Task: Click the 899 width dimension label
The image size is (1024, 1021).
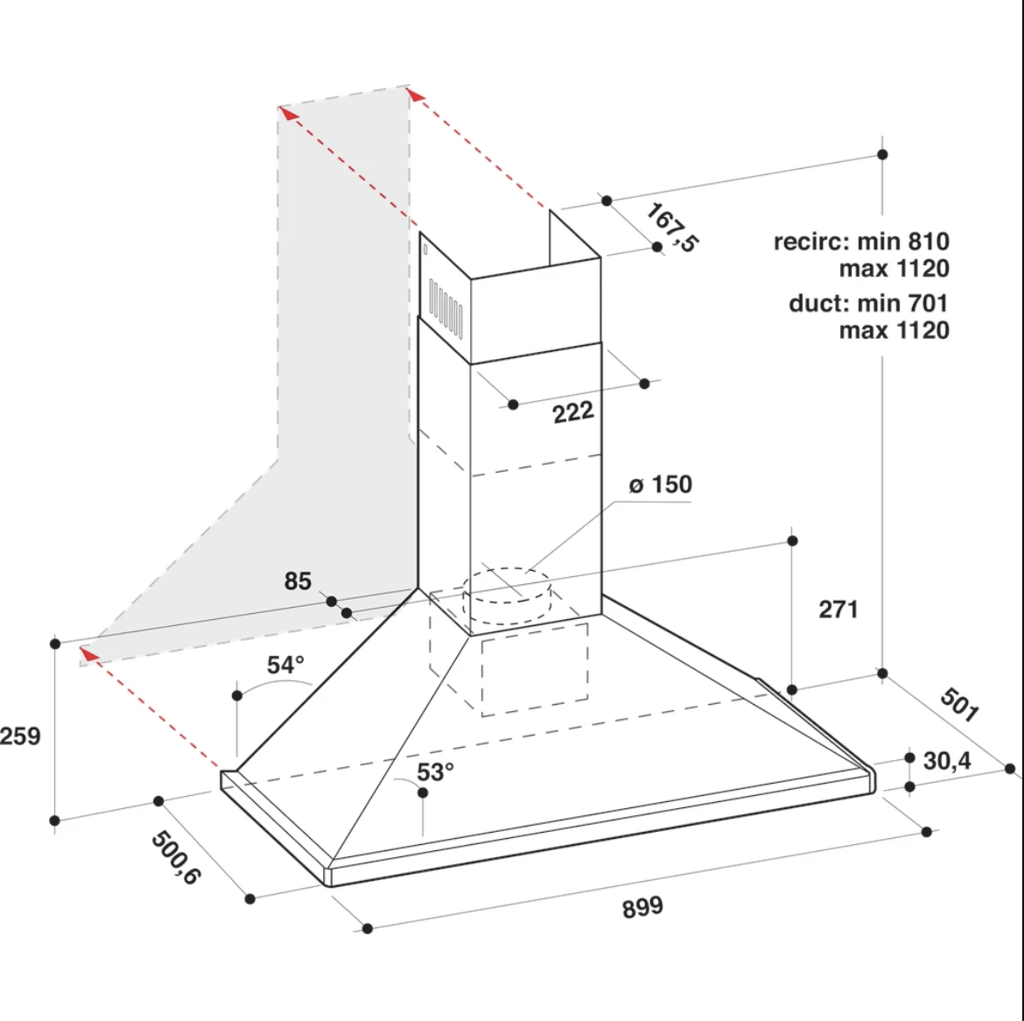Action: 642,907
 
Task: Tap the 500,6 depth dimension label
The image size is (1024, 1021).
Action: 175,857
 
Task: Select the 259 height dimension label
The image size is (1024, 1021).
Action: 20,736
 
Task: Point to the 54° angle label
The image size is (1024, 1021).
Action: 285,665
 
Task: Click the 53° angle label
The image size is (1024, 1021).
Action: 435,772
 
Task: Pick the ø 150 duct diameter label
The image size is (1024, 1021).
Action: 660,485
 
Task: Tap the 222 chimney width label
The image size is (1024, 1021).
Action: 573,412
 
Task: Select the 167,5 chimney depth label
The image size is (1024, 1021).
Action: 672,228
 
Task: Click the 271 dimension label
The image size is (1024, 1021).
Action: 838,609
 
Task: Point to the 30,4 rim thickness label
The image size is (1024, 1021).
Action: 947,761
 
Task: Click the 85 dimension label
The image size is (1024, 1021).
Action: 298,581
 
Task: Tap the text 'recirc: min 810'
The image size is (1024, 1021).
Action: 861,242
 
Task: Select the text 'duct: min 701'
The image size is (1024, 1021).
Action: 868,303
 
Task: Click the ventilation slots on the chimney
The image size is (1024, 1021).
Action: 446,307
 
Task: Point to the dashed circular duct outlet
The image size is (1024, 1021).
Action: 507,595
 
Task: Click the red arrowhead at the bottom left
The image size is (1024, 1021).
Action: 88,654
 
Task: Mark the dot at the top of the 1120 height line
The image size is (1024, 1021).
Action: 882,154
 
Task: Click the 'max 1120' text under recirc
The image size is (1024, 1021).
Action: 894,269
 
